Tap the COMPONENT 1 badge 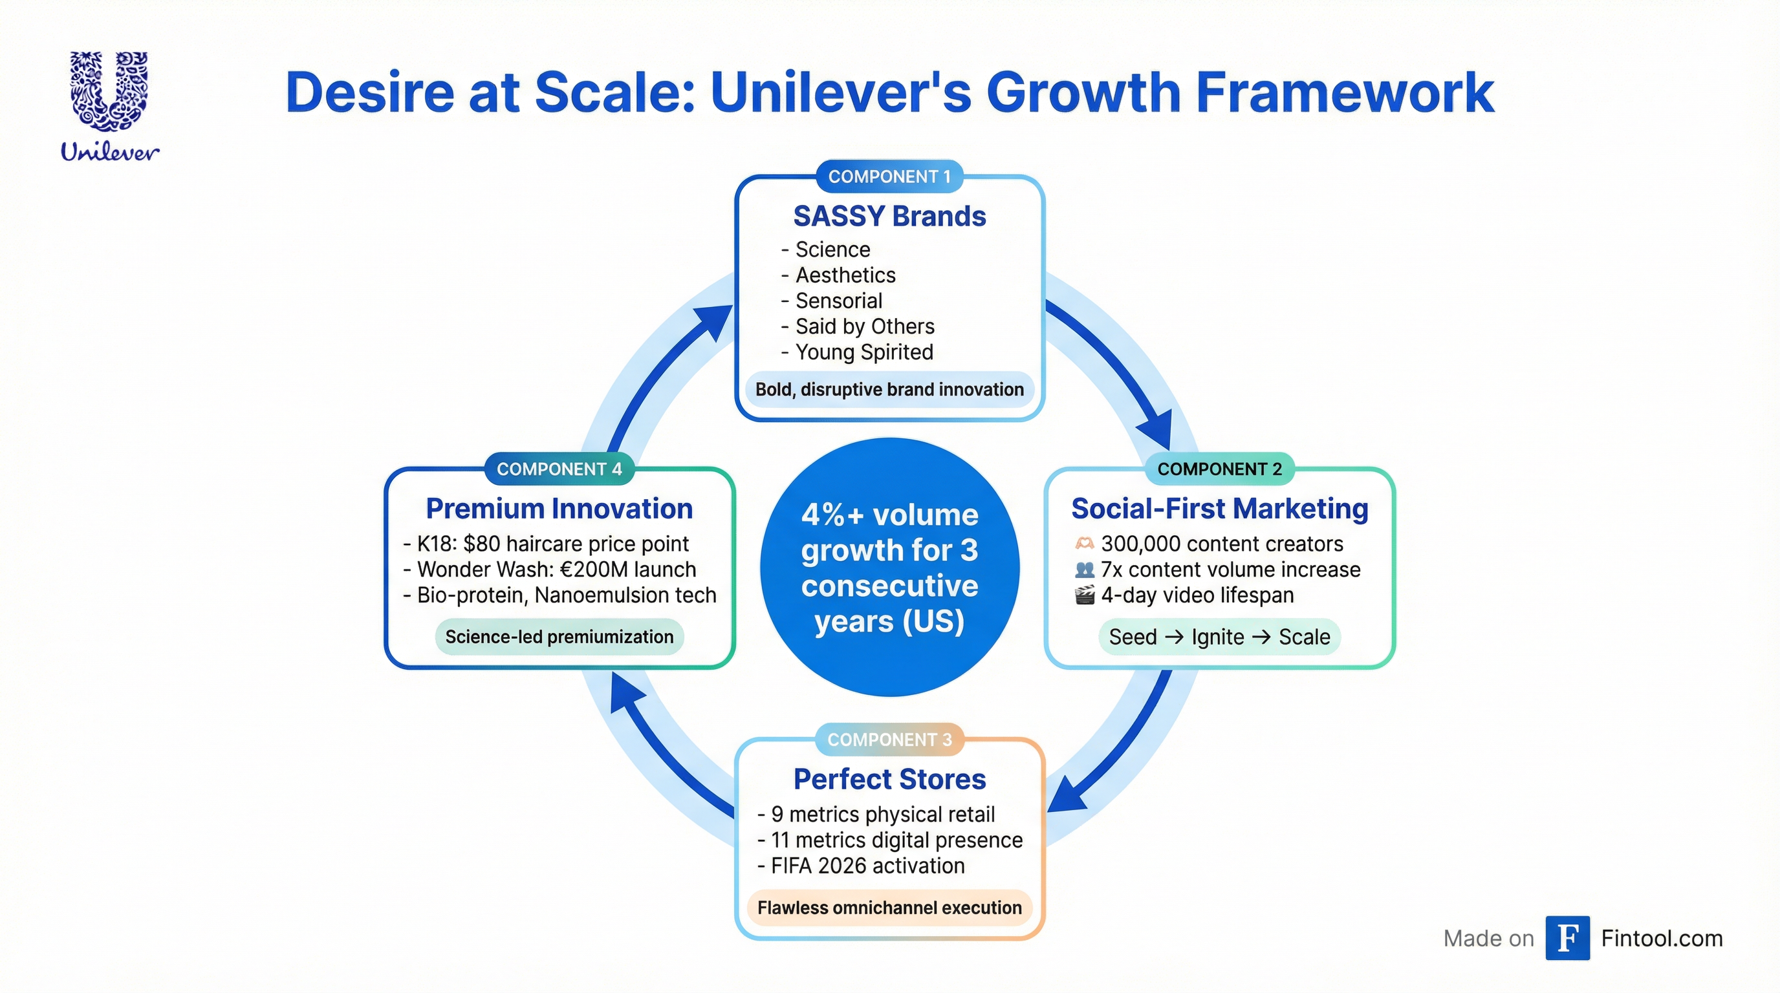889,176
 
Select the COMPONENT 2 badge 1219,469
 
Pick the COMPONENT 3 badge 889,740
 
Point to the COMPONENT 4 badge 559,469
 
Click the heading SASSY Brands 889,216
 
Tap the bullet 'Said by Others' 864,326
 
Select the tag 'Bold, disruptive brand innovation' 889,389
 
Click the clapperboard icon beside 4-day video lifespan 1085,595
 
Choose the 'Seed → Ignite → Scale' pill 1219,637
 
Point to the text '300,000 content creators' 1222,544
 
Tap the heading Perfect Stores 889,779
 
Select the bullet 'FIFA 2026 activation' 867,865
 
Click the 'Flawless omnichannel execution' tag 889,908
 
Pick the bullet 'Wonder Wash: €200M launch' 556,569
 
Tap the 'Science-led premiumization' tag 559,637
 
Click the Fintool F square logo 1567,938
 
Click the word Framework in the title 1344,92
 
